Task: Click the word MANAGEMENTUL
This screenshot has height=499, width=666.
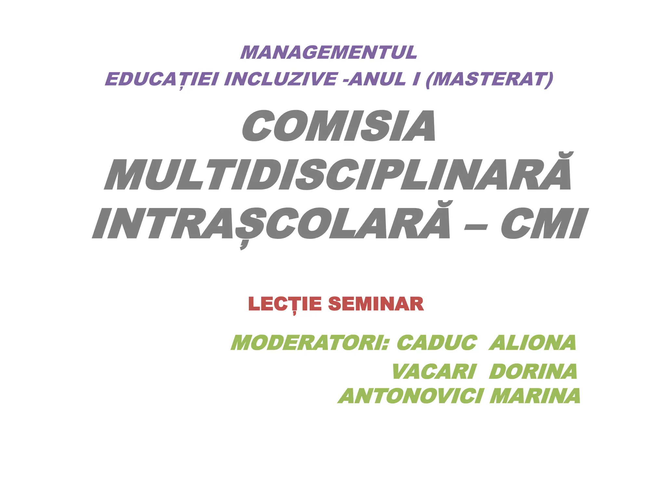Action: [x=328, y=53]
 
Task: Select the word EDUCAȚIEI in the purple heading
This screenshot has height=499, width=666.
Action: [x=161, y=79]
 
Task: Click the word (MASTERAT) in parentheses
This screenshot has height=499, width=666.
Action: [x=489, y=79]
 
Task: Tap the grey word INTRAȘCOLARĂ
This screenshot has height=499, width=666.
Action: [x=272, y=224]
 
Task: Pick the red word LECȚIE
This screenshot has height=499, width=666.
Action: [x=285, y=304]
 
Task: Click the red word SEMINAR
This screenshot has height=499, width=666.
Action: [x=376, y=304]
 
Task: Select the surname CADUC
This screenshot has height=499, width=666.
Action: [x=437, y=343]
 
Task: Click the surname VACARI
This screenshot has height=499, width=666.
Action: [x=434, y=372]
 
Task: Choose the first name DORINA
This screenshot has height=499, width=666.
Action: [x=533, y=372]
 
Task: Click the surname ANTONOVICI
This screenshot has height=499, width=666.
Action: [x=410, y=396]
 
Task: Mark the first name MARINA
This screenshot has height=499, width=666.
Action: [x=535, y=396]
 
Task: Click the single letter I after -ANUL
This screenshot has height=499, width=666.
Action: [x=415, y=79]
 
